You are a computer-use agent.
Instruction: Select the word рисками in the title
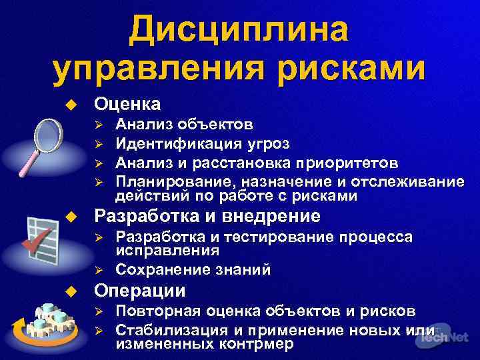[351, 70]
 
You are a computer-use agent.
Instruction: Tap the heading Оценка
[127, 103]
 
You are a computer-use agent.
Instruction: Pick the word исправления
[167, 251]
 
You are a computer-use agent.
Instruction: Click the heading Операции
[140, 291]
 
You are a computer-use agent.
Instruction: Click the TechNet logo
[444, 337]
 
